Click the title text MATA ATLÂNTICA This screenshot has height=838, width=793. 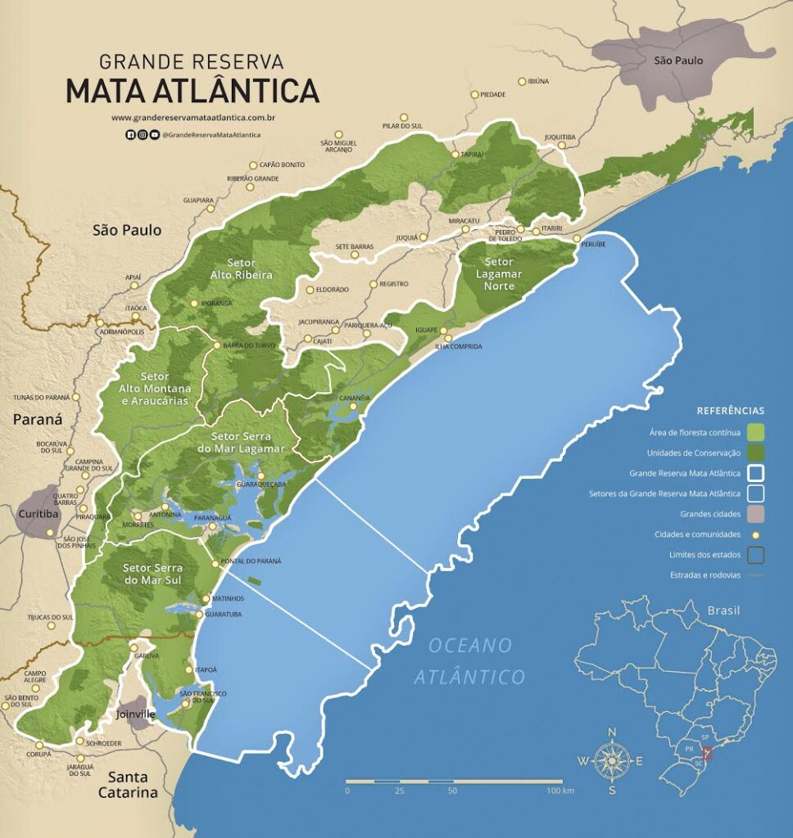pyautogui.click(x=193, y=90)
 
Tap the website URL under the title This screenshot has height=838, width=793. pyautogui.click(x=193, y=118)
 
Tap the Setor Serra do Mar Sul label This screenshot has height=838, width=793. pyautogui.click(x=153, y=574)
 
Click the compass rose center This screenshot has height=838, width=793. pyautogui.click(x=611, y=760)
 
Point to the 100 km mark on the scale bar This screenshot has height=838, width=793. pyautogui.click(x=562, y=791)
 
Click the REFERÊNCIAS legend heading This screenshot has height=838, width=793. pyautogui.click(x=730, y=410)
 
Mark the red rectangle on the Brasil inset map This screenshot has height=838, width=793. pyautogui.click(x=709, y=753)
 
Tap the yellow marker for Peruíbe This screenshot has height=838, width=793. pyautogui.click(x=577, y=238)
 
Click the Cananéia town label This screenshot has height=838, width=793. pyautogui.click(x=356, y=398)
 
